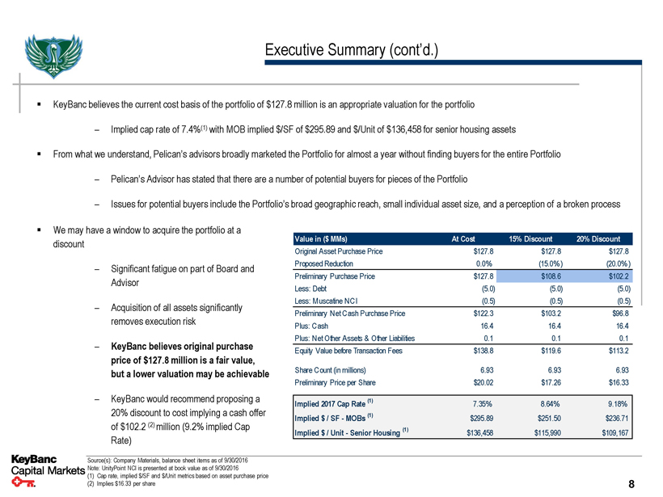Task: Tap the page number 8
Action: point(631,484)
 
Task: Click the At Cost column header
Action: point(466,238)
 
